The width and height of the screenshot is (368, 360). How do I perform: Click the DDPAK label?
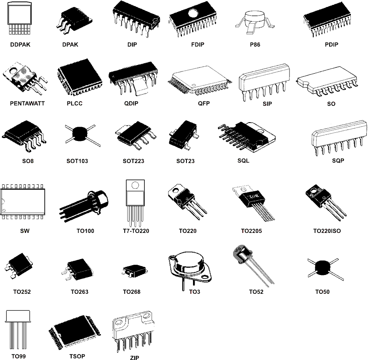[x=20, y=45]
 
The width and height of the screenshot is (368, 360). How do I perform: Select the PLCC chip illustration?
[x=78, y=76]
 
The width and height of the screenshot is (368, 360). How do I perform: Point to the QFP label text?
[x=204, y=103]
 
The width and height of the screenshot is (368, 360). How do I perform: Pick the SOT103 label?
[x=77, y=161]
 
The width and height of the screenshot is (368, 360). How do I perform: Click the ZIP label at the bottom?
[x=135, y=358]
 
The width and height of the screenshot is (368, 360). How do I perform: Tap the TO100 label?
[x=85, y=231]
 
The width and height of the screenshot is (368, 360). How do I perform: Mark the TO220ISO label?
[x=327, y=231]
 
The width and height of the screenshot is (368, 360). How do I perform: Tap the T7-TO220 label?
[x=136, y=231]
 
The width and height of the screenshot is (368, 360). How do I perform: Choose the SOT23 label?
[x=185, y=161]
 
